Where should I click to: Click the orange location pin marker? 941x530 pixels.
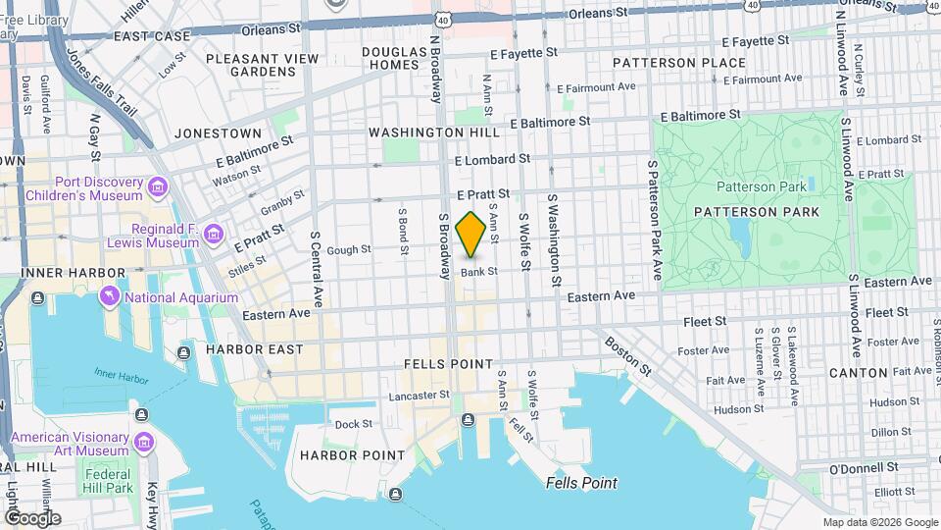click(470, 235)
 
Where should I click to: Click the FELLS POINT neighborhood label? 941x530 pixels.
click(449, 364)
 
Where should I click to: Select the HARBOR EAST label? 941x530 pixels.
click(249, 349)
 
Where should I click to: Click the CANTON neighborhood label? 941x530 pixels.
click(858, 373)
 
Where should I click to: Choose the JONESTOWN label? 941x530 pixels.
click(218, 133)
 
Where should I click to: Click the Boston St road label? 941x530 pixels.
click(628, 356)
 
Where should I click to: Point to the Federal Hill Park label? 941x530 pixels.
click(108, 481)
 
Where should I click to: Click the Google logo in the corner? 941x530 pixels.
click(32, 517)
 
